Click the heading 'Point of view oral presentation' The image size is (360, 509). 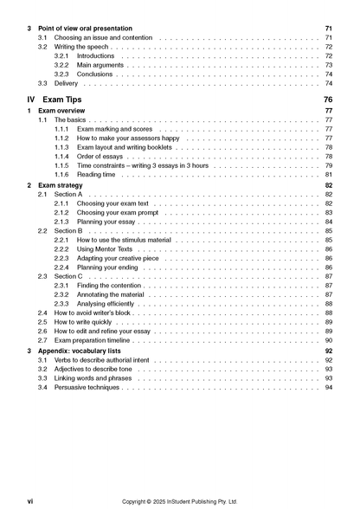point(92,29)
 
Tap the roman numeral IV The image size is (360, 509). point(32,100)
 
